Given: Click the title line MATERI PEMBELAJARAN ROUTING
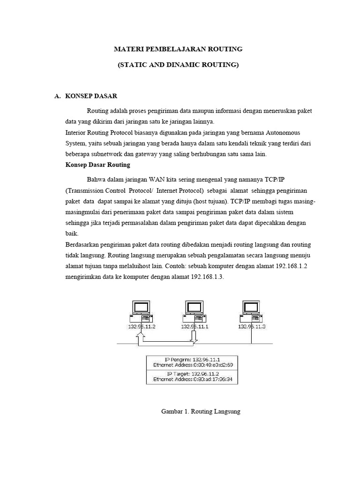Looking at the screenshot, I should [178, 49].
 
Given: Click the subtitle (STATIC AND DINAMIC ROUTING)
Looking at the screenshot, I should [178, 65].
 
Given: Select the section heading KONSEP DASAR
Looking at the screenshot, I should [91, 96].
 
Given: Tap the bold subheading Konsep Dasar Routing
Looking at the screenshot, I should [97, 165].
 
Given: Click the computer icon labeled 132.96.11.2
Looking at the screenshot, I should [140, 311].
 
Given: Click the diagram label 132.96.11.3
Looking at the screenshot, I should [252, 327].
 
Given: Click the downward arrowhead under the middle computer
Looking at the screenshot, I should [193, 339].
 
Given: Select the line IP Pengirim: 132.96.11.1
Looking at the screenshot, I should [193, 359].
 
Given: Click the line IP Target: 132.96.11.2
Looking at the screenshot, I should [193, 374].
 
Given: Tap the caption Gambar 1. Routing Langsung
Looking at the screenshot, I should [201, 412].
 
